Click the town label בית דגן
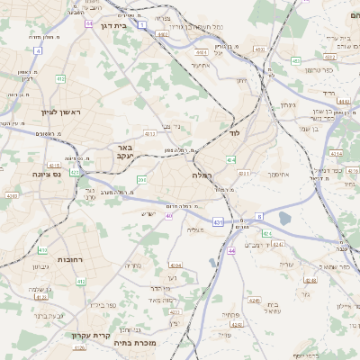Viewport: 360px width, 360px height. [x=133, y=26]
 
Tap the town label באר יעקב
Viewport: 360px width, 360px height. [x=122, y=150]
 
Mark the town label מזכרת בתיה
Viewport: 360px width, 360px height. [x=137, y=343]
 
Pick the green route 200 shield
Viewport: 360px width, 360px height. [x=141, y=180]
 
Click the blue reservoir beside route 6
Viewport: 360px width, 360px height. [x=285, y=218]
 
